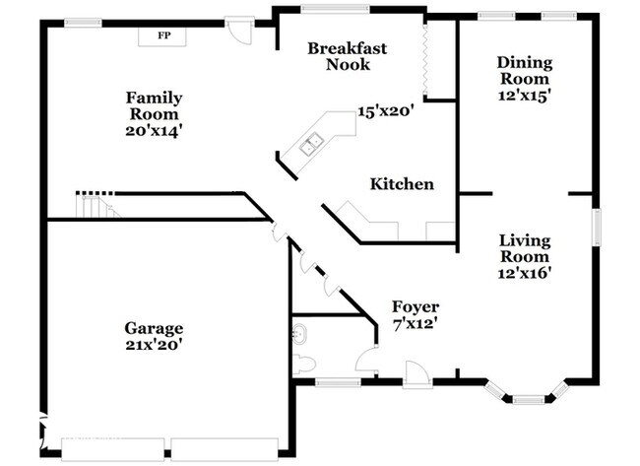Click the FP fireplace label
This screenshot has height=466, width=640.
(164, 35)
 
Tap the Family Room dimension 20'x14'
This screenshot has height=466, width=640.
(154, 131)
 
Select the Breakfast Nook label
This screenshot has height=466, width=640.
(348, 56)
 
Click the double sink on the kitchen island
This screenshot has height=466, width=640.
(311, 144)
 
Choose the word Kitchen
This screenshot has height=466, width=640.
(402, 184)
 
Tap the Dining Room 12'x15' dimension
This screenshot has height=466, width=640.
(525, 96)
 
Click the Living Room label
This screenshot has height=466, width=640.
(525, 248)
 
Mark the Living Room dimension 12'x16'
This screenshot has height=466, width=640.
(525, 273)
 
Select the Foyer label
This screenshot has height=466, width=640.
(416, 306)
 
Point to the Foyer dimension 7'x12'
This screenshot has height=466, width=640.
(416, 325)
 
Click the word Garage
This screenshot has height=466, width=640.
(154, 329)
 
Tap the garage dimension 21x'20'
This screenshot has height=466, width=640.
(154, 346)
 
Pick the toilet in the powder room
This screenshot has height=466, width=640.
(304, 364)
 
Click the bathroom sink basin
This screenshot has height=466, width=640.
(299, 334)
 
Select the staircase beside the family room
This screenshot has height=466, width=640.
(97, 206)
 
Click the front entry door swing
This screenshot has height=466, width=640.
(416, 374)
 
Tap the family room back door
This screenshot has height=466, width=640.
(240, 31)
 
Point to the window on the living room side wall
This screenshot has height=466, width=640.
(597, 227)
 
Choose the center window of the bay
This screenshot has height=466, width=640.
(529, 399)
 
